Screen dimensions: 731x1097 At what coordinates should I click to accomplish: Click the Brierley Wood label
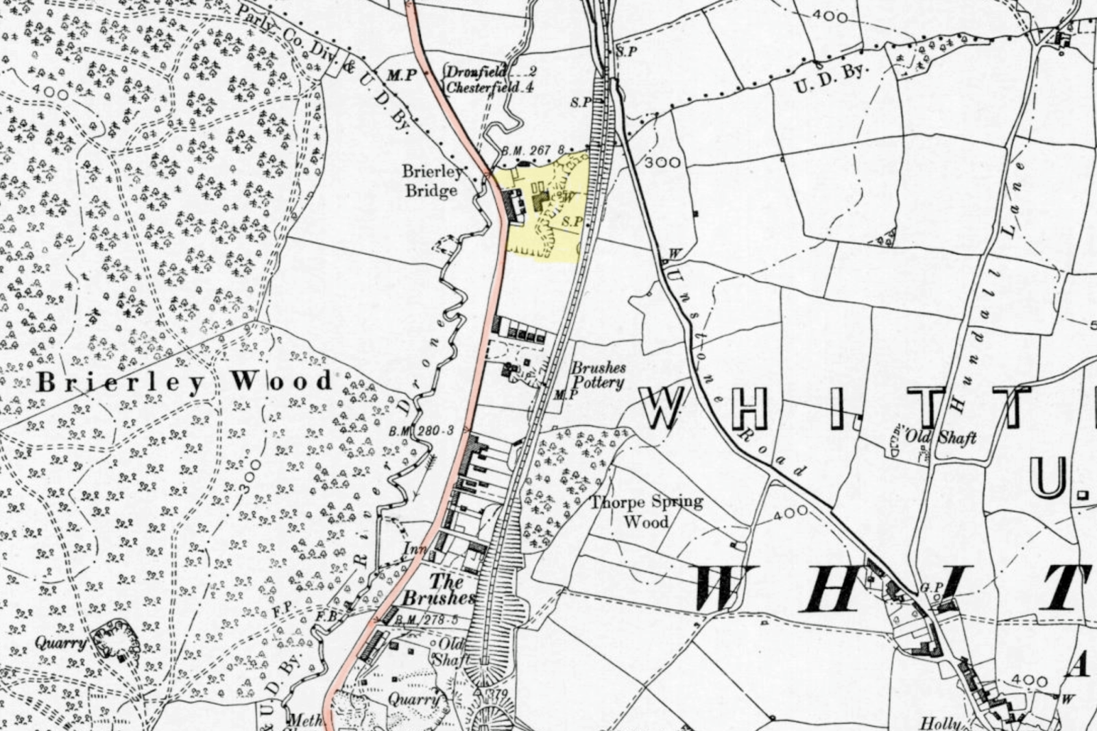coord(185,381)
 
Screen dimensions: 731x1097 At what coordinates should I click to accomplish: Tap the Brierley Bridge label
coord(431,180)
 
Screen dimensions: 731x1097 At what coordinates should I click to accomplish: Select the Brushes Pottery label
coord(599,375)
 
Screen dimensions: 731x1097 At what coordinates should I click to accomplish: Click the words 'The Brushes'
coord(439,590)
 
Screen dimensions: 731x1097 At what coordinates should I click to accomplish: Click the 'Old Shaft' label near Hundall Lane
coord(941,436)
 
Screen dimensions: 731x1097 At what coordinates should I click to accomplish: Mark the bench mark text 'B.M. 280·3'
coord(422,431)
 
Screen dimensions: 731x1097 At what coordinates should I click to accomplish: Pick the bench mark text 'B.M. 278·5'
coord(431,621)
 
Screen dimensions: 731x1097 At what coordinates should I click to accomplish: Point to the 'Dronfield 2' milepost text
coord(491,71)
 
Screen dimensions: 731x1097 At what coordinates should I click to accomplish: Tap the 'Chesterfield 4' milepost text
coord(490,87)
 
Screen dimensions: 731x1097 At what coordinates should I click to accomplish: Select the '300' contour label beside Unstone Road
coord(663,163)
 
